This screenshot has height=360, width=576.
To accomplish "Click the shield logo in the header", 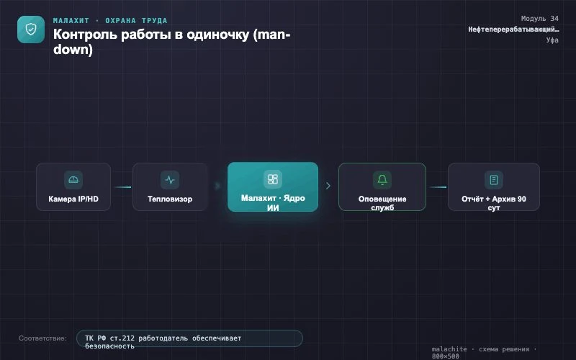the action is (31, 30).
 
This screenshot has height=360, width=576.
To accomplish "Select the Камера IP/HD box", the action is (73, 186).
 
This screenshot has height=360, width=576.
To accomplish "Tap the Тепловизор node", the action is (170, 186).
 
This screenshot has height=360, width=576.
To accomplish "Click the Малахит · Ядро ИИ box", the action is (273, 186).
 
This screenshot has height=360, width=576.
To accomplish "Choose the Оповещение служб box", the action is (382, 186).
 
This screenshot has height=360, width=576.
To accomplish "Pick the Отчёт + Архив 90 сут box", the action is (494, 186).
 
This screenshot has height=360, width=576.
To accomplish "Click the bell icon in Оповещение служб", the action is (382, 179).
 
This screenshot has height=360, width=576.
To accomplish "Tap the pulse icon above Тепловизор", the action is (170, 179).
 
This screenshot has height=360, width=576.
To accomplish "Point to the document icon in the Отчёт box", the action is (494, 179).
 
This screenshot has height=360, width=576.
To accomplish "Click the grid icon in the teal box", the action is (273, 179).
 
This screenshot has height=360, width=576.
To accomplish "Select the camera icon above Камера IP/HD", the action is (73, 179).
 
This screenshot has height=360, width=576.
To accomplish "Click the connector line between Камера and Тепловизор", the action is (122, 187).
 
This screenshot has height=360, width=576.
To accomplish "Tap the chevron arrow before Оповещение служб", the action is (328, 186).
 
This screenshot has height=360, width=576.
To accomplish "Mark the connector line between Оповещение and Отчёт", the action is (438, 187).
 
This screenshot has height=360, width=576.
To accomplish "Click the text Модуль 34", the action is (539, 19).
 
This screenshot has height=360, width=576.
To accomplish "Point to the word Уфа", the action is (552, 40).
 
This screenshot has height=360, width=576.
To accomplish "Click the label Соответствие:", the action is (42, 338).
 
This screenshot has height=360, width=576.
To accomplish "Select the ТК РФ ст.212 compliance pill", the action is (189, 338).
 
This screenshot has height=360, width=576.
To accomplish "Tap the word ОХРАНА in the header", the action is (120, 21).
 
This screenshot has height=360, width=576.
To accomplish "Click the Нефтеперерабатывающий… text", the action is (513, 30).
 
